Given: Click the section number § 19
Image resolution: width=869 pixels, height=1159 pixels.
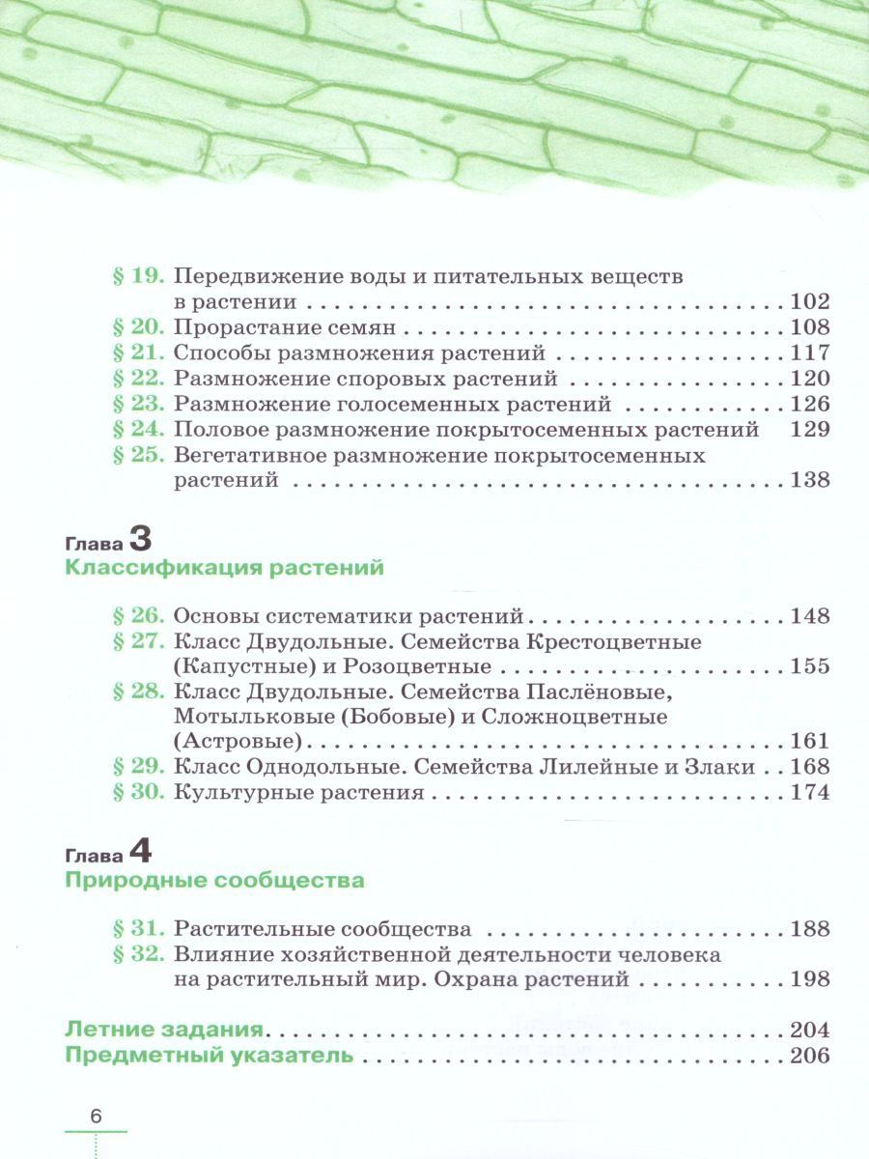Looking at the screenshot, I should (x=140, y=275).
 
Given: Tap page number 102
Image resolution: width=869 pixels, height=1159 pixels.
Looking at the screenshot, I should (x=809, y=300).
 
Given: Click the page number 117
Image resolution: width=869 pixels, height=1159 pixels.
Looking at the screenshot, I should (x=809, y=353).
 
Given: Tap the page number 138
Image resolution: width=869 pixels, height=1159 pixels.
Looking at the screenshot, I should (x=809, y=480).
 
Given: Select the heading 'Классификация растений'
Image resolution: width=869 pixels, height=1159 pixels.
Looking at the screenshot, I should (x=224, y=568).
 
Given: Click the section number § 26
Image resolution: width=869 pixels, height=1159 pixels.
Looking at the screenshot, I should (x=140, y=615).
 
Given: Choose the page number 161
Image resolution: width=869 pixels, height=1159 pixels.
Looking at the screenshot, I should (x=809, y=742).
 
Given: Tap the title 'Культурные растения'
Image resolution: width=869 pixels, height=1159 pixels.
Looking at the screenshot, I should (x=299, y=793).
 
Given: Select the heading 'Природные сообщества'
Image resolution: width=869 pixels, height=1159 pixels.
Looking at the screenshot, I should (x=214, y=881).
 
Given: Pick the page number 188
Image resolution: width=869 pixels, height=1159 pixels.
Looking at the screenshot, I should (x=809, y=929).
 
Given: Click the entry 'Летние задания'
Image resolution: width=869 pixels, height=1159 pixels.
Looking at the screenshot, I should (x=164, y=1029).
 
